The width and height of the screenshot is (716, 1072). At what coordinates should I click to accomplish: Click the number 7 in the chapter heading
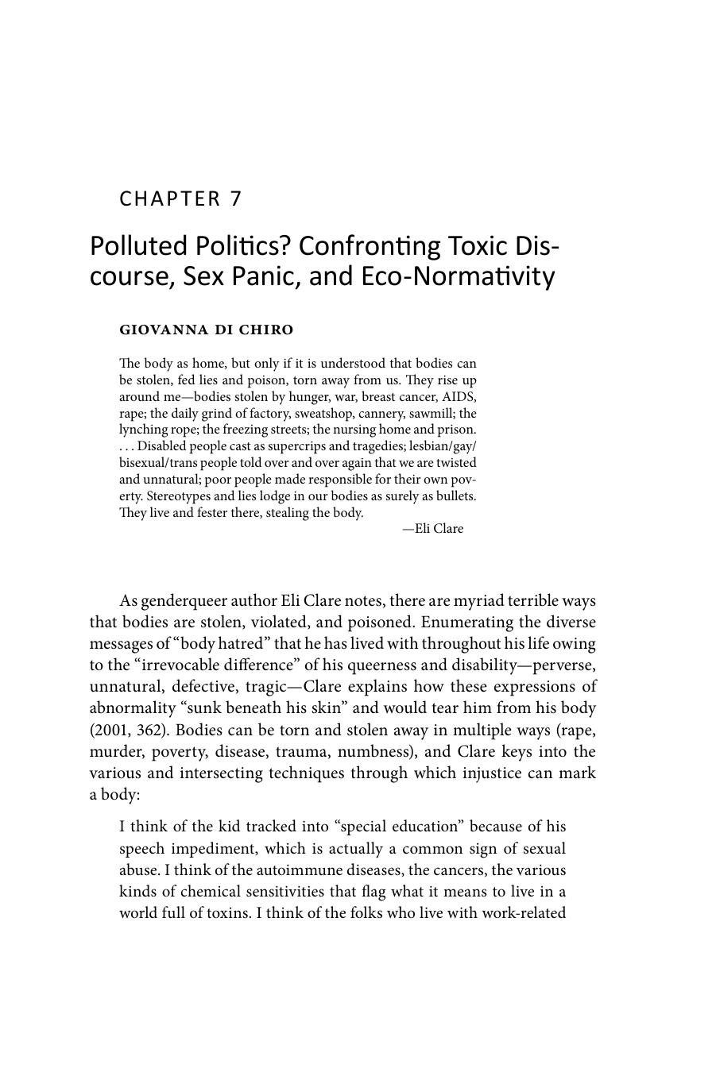pos(235,199)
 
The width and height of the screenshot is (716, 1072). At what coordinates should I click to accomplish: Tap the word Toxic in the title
pos(468,246)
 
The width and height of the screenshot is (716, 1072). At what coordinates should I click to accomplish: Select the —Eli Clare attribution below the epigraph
pos(432,529)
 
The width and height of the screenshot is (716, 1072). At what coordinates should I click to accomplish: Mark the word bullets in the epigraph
pos(455,496)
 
